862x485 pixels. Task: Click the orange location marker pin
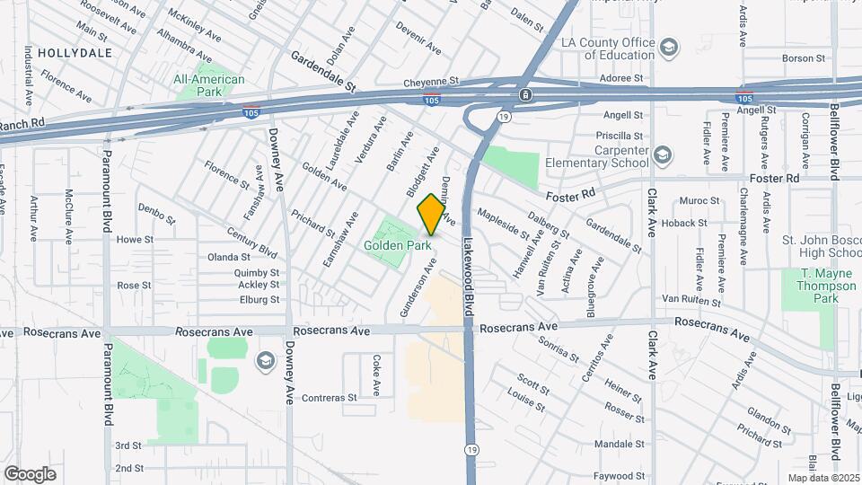(x=431, y=215)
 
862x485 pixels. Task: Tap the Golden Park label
(x=398, y=245)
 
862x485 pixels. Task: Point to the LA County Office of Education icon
(x=668, y=47)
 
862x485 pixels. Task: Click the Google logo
(x=30, y=474)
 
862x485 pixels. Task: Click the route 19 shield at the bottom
(x=471, y=449)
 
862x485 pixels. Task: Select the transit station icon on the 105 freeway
(x=525, y=94)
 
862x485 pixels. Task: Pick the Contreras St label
(x=329, y=397)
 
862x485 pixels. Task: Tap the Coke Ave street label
(x=376, y=376)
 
